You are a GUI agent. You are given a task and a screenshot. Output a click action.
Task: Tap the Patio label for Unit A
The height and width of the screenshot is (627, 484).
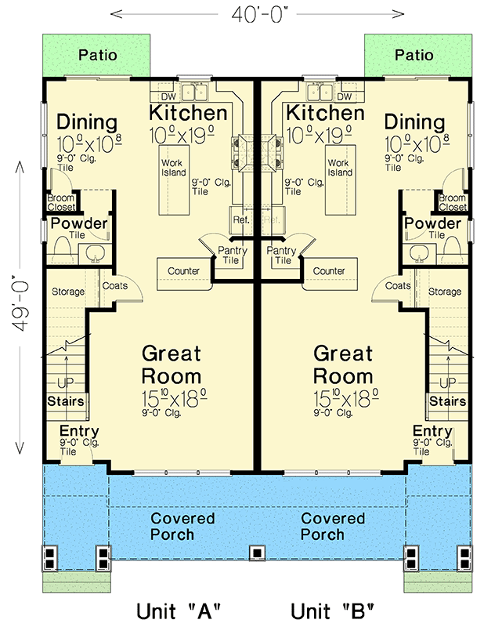point(98,55)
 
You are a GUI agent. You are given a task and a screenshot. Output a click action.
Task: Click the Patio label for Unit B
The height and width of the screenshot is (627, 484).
point(414,55)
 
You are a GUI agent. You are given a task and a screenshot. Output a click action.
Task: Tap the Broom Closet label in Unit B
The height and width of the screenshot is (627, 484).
point(452,203)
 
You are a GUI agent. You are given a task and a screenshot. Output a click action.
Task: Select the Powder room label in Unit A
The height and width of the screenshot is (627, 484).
point(79,224)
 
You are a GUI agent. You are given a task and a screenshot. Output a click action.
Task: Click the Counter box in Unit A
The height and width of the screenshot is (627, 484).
point(183,271)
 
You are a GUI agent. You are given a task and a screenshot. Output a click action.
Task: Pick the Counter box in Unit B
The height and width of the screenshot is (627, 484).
point(330,271)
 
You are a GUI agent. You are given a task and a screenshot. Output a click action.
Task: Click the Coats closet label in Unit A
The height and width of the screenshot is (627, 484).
point(115,286)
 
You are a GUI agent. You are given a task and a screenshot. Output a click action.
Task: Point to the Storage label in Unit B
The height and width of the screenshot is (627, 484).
point(445,292)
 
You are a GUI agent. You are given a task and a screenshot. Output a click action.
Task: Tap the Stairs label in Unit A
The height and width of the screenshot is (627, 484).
point(66,401)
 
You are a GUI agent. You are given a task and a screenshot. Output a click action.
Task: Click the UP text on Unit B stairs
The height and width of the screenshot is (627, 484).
point(446,382)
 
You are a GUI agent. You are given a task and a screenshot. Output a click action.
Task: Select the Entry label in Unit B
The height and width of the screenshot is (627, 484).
point(432,431)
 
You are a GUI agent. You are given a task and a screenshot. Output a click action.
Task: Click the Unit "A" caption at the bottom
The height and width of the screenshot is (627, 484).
point(179,610)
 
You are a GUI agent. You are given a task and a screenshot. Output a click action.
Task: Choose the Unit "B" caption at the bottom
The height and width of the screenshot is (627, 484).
point(333,610)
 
